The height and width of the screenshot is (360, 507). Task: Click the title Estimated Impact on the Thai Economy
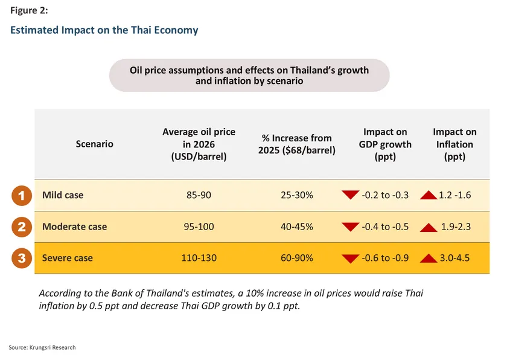point(104,30)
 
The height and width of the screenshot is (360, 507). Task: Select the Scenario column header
point(95,144)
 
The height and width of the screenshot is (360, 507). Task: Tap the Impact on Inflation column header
point(454,144)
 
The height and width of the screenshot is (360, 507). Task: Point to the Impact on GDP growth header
point(385,144)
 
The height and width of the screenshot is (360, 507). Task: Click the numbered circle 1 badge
point(21,195)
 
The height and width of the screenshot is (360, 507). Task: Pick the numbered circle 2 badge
point(21,227)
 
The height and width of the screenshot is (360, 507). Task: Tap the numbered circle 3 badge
point(21,259)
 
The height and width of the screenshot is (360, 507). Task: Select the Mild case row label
point(63,195)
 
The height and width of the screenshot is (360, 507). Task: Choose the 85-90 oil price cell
point(199,195)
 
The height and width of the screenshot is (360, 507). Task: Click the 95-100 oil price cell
point(199,227)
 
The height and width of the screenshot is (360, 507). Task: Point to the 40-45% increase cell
point(296,227)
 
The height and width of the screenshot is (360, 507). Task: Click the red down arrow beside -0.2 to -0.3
point(350,195)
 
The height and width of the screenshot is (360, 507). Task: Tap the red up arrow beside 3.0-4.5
point(429,259)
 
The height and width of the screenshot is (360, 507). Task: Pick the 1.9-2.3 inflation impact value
point(455,227)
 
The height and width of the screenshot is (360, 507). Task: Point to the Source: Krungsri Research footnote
point(42,347)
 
